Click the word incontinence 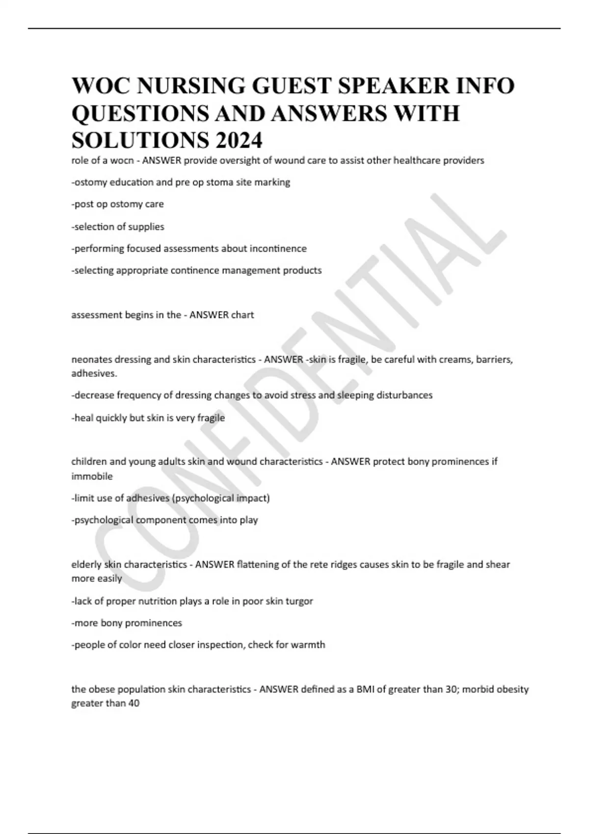tap(278, 249)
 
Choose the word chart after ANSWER tap(242, 315)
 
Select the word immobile tap(92, 476)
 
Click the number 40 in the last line tap(134, 704)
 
